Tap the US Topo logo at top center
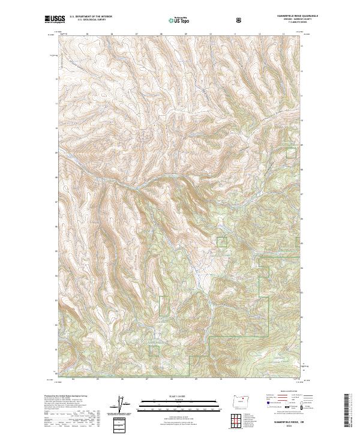pos(175,20)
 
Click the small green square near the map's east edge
pos(291,152)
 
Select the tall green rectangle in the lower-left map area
pos(163,306)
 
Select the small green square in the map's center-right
pos(221,241)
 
